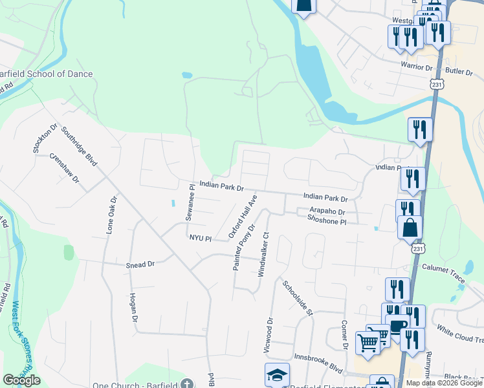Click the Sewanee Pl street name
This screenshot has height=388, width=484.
[x=191, y=202]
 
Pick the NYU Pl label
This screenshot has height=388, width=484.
[x=201, y=238]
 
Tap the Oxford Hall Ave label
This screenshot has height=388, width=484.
[x=243, y=216]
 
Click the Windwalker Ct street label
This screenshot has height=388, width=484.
[x=263, y=255]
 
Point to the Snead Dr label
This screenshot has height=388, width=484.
[x=140, y=264]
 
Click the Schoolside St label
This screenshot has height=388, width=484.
[x=297, y=298]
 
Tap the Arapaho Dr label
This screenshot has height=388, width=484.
[x=327, y=211]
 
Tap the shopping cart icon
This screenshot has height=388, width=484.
[x=368, y=341]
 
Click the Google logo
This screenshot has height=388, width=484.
[x=21, y=380]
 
